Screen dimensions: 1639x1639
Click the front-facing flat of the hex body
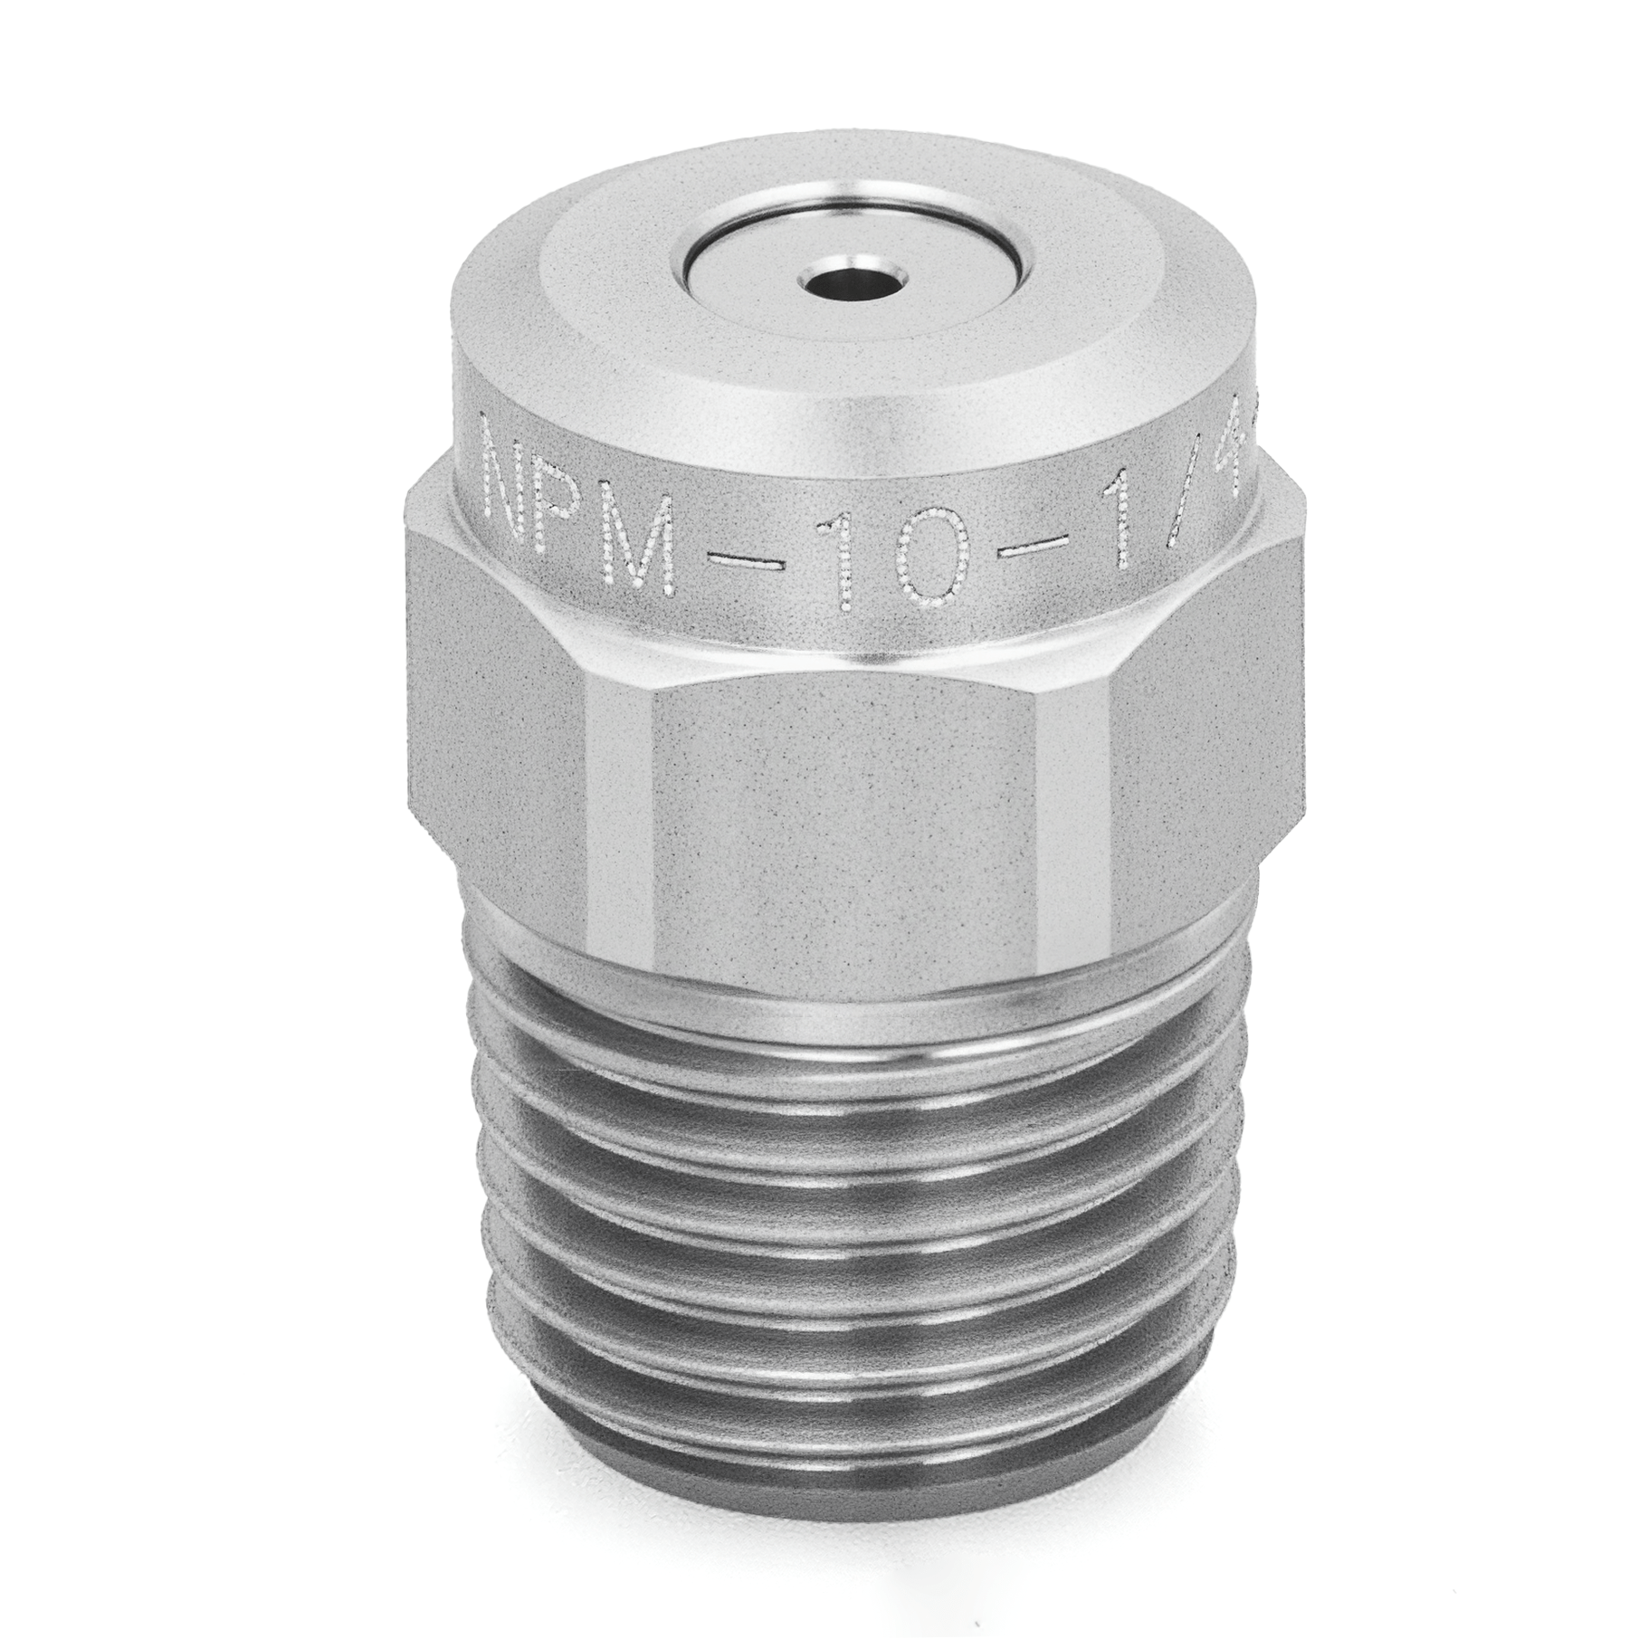(851, 815)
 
